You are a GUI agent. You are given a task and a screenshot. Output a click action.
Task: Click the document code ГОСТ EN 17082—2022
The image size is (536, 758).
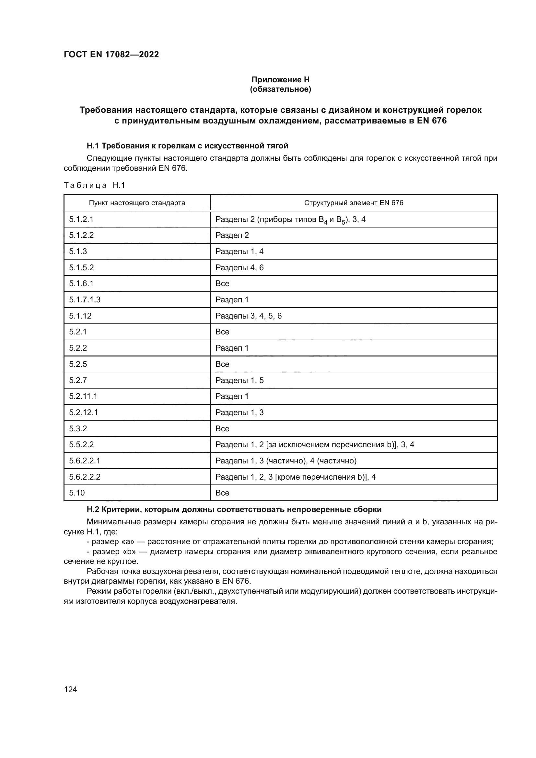coord(111,54)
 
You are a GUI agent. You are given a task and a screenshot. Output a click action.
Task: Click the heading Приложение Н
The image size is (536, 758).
coord(280,80)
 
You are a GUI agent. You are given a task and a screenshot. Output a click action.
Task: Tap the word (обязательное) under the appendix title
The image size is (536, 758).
coord(280,89)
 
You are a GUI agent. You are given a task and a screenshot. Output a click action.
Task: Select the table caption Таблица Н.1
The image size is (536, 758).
coord(94,186)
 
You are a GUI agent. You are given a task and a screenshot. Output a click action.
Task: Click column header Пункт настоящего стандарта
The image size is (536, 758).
coord(137,203)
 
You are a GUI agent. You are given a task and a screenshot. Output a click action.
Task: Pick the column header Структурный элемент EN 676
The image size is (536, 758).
coord(354,203)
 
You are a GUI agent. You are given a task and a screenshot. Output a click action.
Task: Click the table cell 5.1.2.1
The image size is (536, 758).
coord(81,219)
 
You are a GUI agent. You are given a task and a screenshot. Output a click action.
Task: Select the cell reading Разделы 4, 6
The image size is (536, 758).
coord(239,267)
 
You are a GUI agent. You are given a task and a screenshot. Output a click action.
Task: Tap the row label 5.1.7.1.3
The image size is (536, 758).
coord(85,300)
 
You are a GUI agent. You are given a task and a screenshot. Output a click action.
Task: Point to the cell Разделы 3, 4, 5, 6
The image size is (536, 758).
coord(249,316)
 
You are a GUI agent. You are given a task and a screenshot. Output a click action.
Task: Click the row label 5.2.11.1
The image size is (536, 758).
coord(83,396)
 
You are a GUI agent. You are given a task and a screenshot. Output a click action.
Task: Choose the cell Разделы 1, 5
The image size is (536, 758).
coord(239,380)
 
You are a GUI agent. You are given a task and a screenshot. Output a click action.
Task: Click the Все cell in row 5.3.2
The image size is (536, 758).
coord(222,428)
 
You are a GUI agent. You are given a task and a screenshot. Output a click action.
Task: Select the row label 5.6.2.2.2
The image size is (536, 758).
coord(85,477)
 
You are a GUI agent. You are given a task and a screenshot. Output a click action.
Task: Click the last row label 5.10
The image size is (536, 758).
coord(77,493)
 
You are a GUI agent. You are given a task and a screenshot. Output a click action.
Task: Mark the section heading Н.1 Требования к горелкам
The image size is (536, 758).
coord(187,146)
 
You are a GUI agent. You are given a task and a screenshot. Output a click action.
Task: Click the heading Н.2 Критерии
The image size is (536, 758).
coord(234,509)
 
